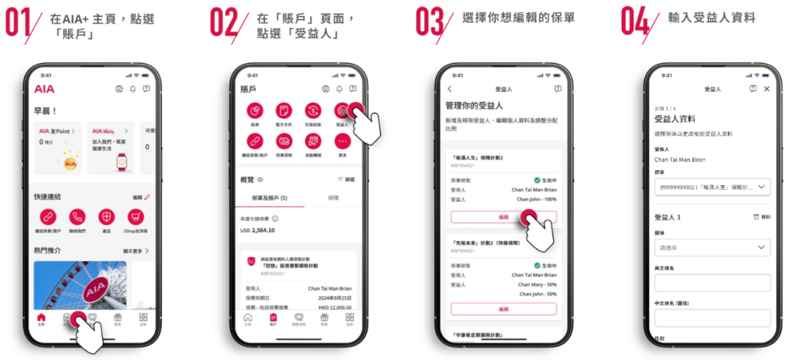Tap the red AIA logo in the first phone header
click(44, 89)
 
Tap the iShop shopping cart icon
click(136, 217)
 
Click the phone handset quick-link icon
click(77, 217)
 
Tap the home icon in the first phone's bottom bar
click(40, 317)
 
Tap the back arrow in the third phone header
click(450, 89)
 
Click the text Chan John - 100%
click(536, 199)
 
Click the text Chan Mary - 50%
click(537, 284)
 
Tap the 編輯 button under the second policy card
click(503, 309)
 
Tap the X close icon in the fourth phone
click(766, 89)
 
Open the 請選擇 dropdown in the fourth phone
click(712, 248)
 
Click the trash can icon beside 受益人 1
click(756, 218)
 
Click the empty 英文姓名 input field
click(712, 283)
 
